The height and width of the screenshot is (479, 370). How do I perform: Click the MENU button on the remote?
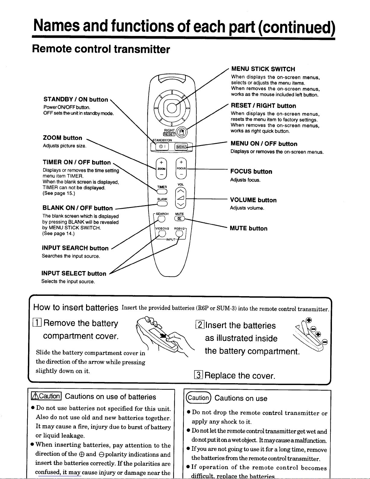pyautogui.click(x=181, y=147)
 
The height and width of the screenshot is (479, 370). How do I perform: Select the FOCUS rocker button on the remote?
pyautogui.click(x=181, y=168)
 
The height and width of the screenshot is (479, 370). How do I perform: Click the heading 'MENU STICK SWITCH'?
pyautogui.click(x=263, y=69)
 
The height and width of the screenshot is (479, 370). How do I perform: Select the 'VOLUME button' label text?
pyautogui.click(x=253, y=200)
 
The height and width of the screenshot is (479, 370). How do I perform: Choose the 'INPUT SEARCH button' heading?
pyautogui.click(x=75, y=248)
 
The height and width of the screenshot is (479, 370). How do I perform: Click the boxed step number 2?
pyautogui.click(x=200, y=325)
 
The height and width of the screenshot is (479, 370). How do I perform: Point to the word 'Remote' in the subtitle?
pyautogui.click(x=51, y=49)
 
